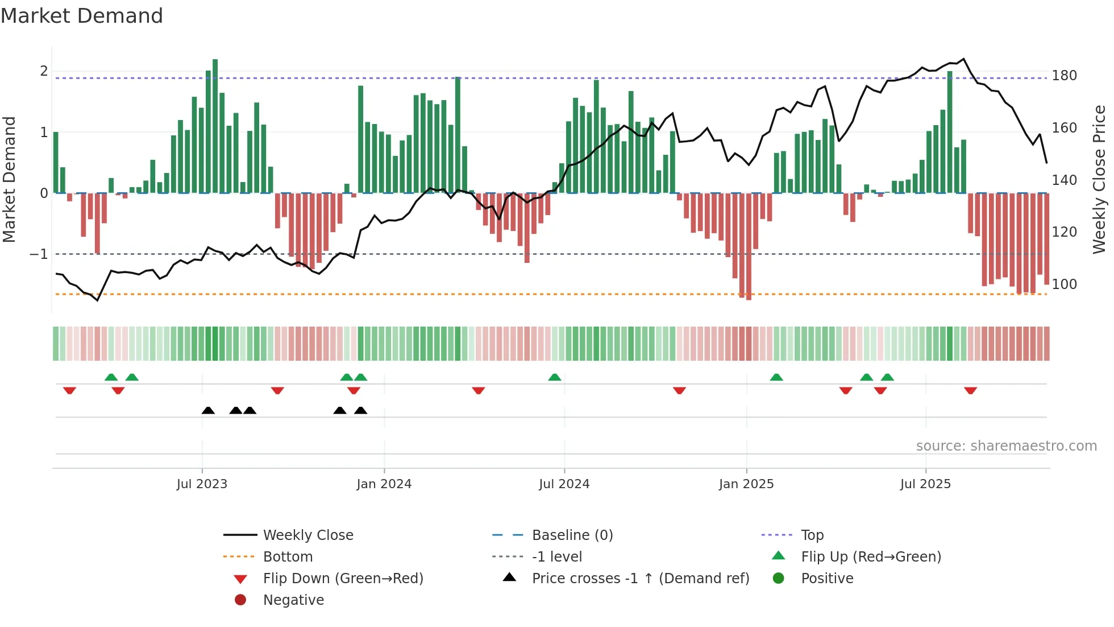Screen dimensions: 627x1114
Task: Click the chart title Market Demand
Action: pos(82,16)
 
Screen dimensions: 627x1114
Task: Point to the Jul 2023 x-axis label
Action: pos(202,484)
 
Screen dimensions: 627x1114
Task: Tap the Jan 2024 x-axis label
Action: pos(384,484)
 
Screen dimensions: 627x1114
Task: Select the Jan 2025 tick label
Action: pos(746,484)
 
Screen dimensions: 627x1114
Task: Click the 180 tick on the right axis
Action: pos(1064,76)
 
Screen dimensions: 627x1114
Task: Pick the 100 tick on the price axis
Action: pos(1064,284)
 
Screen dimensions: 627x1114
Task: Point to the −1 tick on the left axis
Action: pos(39,254)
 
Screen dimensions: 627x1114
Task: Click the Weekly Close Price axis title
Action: pos(1099,179)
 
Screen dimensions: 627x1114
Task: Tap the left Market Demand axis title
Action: pos(9,179)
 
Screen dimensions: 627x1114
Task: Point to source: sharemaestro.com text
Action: pos(1006,446)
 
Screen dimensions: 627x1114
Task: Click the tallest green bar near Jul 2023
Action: pos(215,125)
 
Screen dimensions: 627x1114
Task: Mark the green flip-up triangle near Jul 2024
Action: pos(555,377)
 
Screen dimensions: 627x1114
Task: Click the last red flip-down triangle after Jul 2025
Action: pos(970,390)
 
